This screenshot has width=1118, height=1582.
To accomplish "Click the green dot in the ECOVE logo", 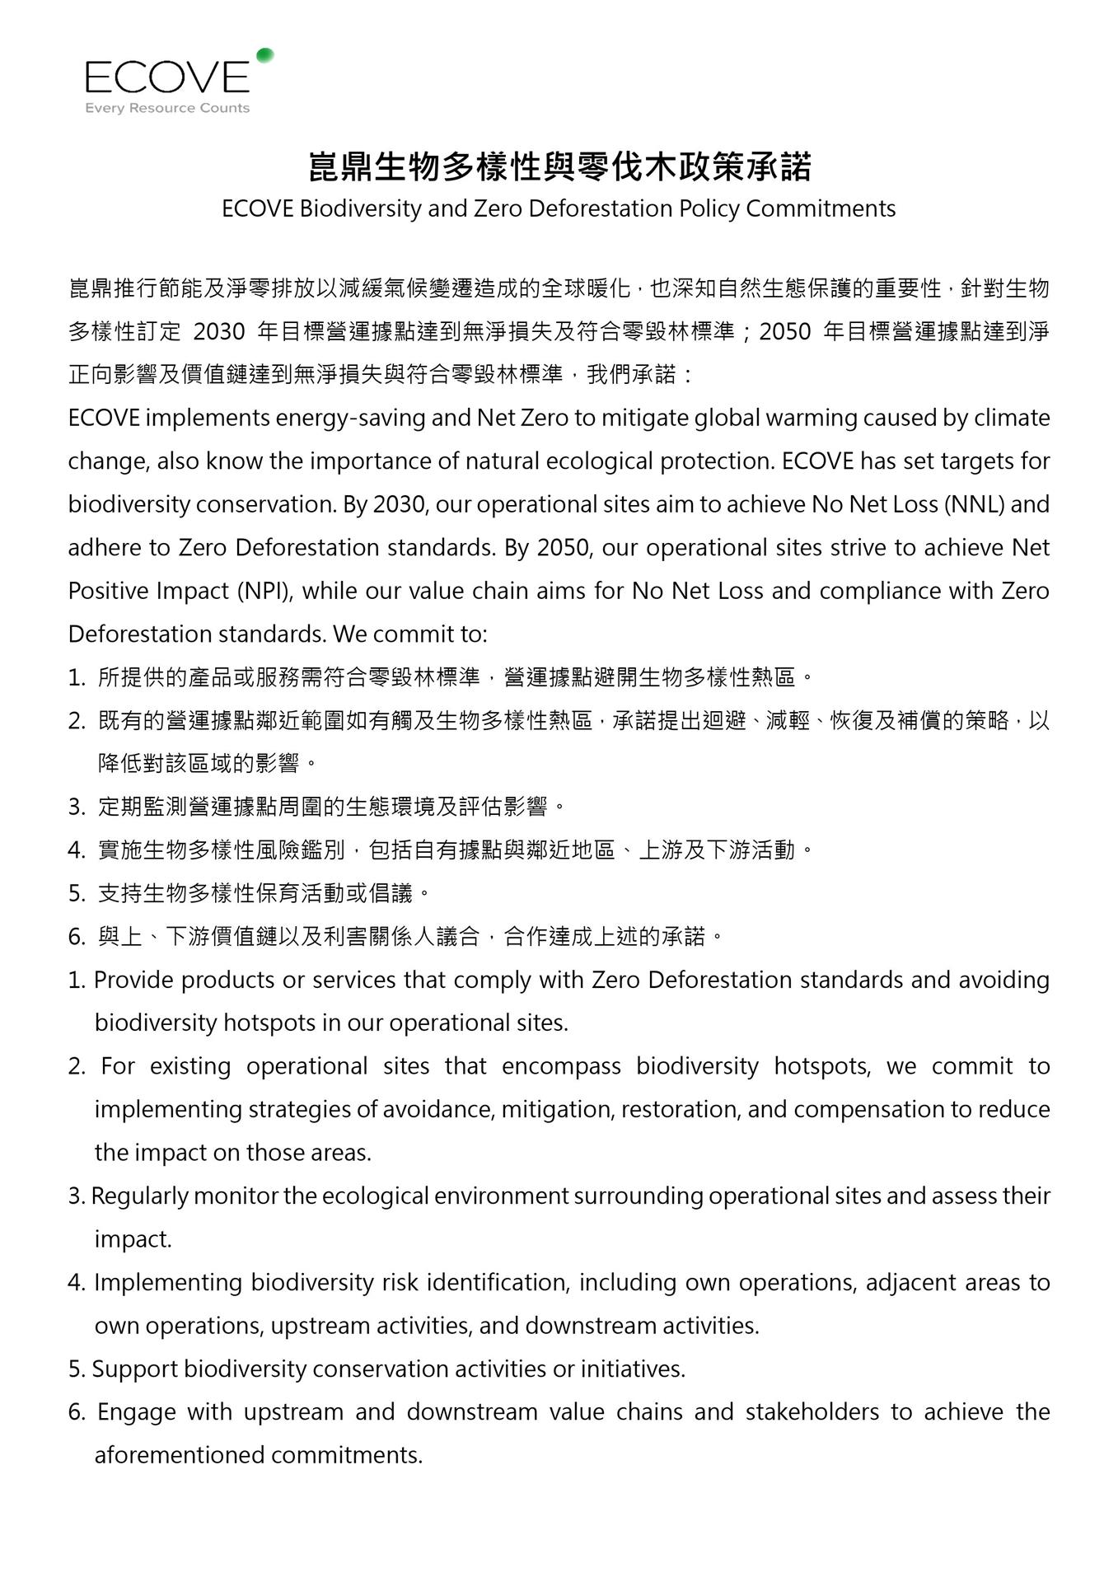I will (264, 56).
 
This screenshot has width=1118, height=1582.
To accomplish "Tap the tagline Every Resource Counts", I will (167, 108).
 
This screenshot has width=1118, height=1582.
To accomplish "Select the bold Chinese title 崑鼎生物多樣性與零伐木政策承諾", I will (559, 166).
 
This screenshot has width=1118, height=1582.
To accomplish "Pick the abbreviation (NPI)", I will (264, 591).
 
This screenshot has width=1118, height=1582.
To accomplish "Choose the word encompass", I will (561, 1066).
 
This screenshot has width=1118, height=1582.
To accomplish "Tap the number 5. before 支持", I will (77, 892).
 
